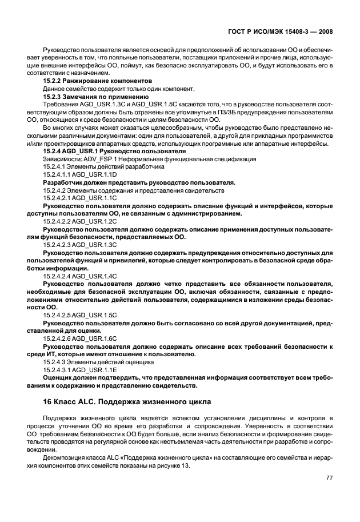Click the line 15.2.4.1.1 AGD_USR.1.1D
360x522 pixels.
pyautogui.click(x=80, y=174)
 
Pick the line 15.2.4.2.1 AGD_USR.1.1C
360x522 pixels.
pyautogui.click(x=80, y=198)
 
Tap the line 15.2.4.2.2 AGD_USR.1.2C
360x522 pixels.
pyautogui.click(x=80, y=221)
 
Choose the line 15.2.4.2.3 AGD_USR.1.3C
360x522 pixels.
pyautogui.click(x=80, y=244)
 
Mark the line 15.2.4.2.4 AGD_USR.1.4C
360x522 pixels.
pyautogui.click(x=80, y=275)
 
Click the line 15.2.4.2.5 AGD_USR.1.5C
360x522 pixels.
pyautogui.click(x=80, y=314)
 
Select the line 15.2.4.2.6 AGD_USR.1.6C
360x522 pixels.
pyautogui.click(x=80, y=338)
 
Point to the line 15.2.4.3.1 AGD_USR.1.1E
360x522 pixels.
pyautogui.click(x=80, y=369)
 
